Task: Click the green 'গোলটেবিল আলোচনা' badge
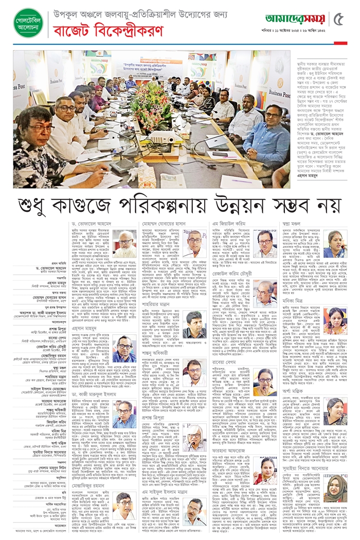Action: point(28,23)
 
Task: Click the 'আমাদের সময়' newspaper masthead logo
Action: point(295,19)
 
